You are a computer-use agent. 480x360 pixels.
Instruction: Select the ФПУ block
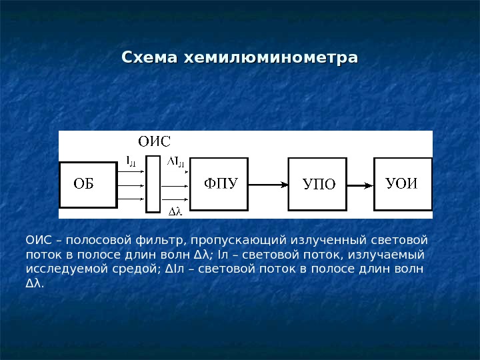[x=219, y=183]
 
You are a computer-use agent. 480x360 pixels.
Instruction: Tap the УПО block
[x=317, y=184]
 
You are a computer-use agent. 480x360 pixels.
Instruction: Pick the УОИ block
[x=402, y=183]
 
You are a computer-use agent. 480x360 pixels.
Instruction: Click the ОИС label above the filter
[x=154, y=141]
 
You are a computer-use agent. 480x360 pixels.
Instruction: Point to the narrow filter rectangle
[x=153, y=184]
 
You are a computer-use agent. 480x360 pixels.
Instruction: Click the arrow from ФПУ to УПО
[x=267, y=184]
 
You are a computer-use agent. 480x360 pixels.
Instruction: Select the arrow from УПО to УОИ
[x=360, y=184]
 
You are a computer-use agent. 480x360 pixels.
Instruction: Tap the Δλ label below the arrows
[x=175, y=212]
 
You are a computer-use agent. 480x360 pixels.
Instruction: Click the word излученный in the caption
[x=328, y=240]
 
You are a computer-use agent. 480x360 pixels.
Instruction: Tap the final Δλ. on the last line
[x=34, y=284]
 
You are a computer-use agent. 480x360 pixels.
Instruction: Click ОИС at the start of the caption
[x=37, y=240]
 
